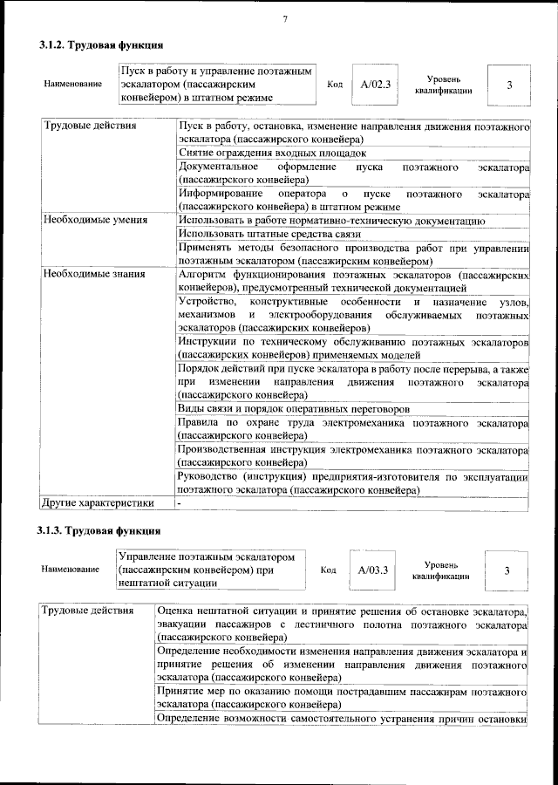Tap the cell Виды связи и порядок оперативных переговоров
(293, 408)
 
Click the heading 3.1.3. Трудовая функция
(99, 530)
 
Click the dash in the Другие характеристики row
(179, 503)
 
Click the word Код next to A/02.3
(334, 85)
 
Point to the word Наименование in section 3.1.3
(70, 570)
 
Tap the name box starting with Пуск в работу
(216, 84)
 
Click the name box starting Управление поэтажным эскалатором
(210, 570)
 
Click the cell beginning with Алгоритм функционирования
(353, 280)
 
